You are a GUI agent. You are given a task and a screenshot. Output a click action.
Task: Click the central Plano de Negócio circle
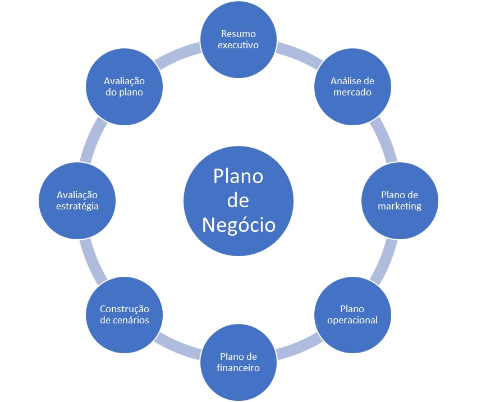coord(238,201)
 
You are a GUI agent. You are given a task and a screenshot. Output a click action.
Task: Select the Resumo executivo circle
coord(238,39)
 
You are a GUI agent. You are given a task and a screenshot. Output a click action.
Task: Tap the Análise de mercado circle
coord(352,86)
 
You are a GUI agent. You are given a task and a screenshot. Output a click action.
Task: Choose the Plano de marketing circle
coord(400,201)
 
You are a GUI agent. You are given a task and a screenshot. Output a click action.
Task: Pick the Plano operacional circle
coord(352,315)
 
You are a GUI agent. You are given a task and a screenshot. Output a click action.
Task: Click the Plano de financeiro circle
coord(238,363)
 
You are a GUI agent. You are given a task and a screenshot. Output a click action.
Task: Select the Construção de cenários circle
coord(125,315)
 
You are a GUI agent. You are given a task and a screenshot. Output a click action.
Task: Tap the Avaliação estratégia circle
coord(77,201)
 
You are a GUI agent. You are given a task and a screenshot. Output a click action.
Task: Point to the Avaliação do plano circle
coord(125,86)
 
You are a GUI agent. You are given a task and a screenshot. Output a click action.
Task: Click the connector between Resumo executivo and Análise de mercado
coord(300,54)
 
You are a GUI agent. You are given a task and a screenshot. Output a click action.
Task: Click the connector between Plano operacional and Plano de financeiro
coord(300,348)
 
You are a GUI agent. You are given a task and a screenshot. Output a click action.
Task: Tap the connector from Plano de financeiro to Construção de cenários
coord(177,348)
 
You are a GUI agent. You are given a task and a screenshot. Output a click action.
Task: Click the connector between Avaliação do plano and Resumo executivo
coord(177,54)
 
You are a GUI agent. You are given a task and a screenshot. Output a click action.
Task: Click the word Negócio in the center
coord(239,226)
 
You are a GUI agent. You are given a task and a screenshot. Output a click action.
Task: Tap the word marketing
coord(400,206)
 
